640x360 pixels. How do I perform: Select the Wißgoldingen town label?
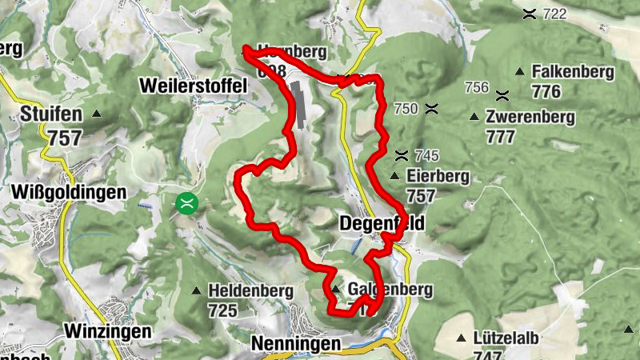[70, 193]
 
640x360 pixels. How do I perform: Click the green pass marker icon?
[187, 202]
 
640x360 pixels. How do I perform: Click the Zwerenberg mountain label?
[530, 118]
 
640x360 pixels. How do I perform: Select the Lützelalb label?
[504, 338]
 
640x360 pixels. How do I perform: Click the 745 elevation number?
[428, 155]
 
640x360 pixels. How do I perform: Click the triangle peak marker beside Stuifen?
[97, 114]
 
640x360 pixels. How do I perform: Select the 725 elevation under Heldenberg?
[222, 310]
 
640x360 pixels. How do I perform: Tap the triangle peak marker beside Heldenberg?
[197, 290]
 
